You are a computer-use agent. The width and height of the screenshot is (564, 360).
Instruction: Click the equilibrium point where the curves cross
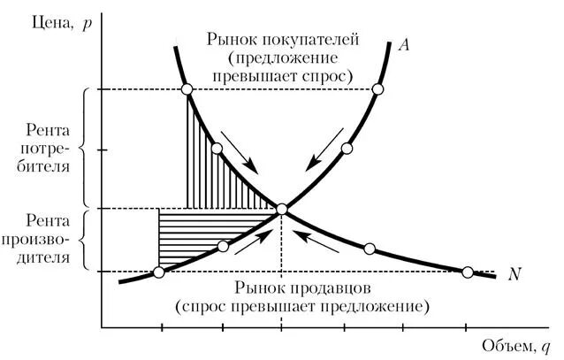[x=282, y=210]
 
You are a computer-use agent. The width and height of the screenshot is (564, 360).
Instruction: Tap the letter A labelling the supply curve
[x=402, y=45]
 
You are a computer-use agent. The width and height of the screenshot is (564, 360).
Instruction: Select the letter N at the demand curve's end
[x=514, y=274]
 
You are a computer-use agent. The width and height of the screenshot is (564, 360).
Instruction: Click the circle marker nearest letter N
[x=469, y=272]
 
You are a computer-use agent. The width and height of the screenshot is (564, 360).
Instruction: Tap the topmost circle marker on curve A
[x=378, y=89]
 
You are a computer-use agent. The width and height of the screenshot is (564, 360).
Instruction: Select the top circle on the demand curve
[x=187, y=89]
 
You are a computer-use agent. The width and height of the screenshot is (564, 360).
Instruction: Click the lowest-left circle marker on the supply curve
[x=159, y=272]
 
